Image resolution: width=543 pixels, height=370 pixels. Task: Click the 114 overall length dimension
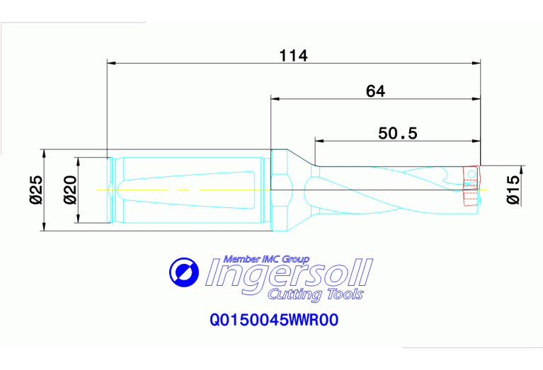click(x=293, y=55)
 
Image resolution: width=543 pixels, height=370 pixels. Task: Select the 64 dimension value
click(x=375, y=91)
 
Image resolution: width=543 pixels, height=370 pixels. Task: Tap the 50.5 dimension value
click(x=398, y=133)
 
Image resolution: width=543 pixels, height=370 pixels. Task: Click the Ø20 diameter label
click(x=70, y=190)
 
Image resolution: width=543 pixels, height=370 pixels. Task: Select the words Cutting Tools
click(x=316, y=294)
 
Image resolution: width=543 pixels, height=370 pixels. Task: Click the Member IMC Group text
click(x=266, y=258)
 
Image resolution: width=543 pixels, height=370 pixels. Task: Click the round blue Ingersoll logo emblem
click(x=185, y=272)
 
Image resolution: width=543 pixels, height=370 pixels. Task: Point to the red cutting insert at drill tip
click(x=470, y=185)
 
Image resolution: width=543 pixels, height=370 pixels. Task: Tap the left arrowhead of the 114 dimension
click(x=110, y=63)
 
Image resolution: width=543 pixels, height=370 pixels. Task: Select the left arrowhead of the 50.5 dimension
click(x=319, y=140)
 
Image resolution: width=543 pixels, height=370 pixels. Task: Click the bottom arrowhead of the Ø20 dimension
click(x=78, y=221)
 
